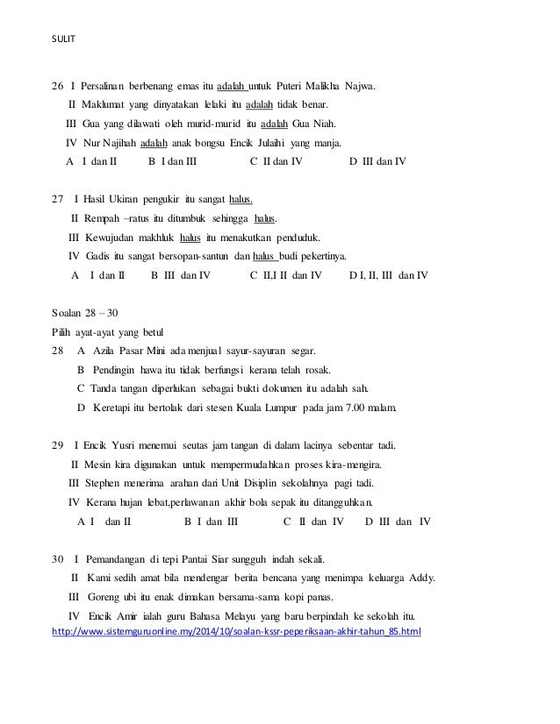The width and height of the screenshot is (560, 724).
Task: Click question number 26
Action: (59, 86)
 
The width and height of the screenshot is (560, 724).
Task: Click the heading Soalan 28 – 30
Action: (86, 313)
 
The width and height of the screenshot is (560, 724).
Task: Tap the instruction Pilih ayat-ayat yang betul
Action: (108, 331)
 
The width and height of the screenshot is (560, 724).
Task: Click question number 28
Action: (59, 351)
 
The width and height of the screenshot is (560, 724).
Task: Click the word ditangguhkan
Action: (336, 502)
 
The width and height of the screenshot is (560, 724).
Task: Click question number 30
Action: (59, 558)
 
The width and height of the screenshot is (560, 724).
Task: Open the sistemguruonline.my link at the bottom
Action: (237, 632)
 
